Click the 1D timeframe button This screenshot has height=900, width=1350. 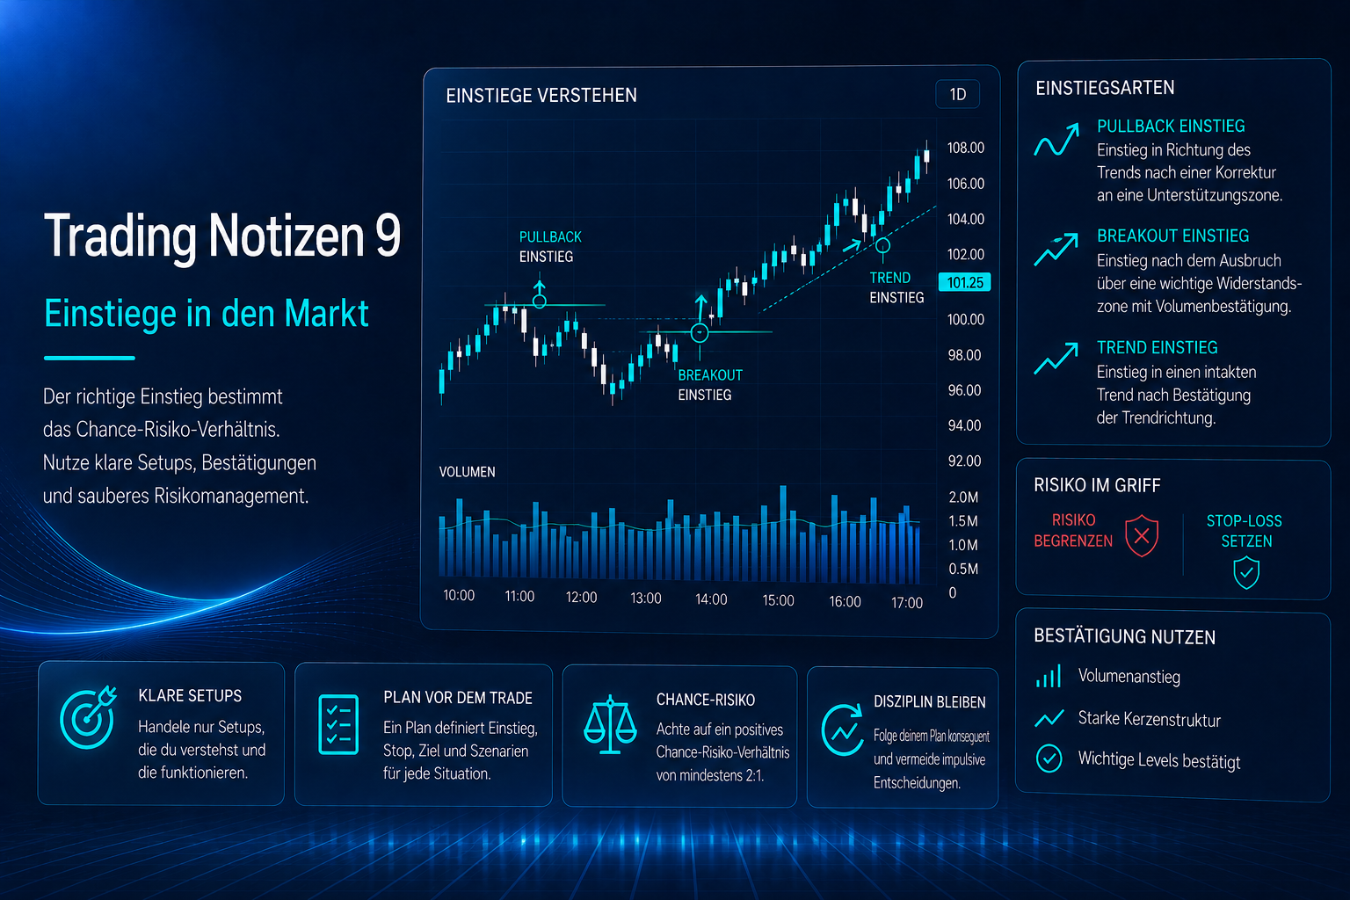(x=957, y=95)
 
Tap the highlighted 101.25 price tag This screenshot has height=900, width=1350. (x=964, y=282)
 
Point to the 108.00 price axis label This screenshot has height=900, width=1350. (x=966, y=148)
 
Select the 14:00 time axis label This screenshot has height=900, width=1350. (x=711, y=599)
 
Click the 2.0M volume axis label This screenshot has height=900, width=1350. (x=963, y=497)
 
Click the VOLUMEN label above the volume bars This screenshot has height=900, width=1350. (x=467, y=472)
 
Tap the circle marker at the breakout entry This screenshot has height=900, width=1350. (x=699, y=332)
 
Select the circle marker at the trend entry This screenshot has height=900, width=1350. (x=883, y=245)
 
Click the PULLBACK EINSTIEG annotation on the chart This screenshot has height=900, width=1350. (x=550, y=247)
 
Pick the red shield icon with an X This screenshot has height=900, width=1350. (x=1142, y=535)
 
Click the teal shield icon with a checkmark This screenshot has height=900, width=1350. (x=1245, y=572)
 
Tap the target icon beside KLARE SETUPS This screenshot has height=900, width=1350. (x=88, y=716)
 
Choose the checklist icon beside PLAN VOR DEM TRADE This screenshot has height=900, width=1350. (x=338, y=724)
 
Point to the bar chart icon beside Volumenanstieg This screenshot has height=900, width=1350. (x=1048, y=677)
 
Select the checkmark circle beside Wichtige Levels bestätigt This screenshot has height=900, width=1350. (x=1049, y=758)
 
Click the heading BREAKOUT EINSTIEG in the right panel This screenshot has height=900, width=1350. (x=1172, y=236)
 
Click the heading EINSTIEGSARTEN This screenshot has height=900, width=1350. (x=1105, y=88)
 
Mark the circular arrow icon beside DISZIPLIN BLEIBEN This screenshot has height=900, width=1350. (x=843, y=730)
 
